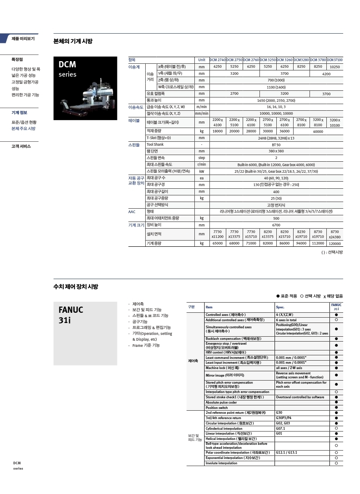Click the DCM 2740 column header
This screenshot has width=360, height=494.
pos(217,59)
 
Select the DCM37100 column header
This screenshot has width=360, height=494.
pos(335,59)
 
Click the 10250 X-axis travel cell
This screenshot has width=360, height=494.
pos(335,66)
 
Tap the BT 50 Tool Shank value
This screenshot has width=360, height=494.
pos(276,144)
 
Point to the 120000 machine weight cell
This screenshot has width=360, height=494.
pos(335,244)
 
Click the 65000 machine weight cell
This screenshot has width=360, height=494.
pos(217,243)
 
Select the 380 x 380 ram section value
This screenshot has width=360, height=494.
pos(276,151)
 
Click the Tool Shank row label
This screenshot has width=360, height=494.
pos(155,144)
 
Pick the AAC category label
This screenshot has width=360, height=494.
pos(132,212)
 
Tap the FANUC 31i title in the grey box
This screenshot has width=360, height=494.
pos(71,315)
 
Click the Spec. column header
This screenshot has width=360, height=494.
pos(280,307)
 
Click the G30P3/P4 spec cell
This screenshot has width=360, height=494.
pos(283,418)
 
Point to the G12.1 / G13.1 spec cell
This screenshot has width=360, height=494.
pos(286,453)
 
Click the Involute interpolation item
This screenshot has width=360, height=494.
pos(221,463)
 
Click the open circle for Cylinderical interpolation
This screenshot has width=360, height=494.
pos(337,428)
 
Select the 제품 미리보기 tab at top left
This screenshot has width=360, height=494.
pos(23,39)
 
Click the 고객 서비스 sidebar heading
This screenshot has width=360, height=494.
pos(21,146)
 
